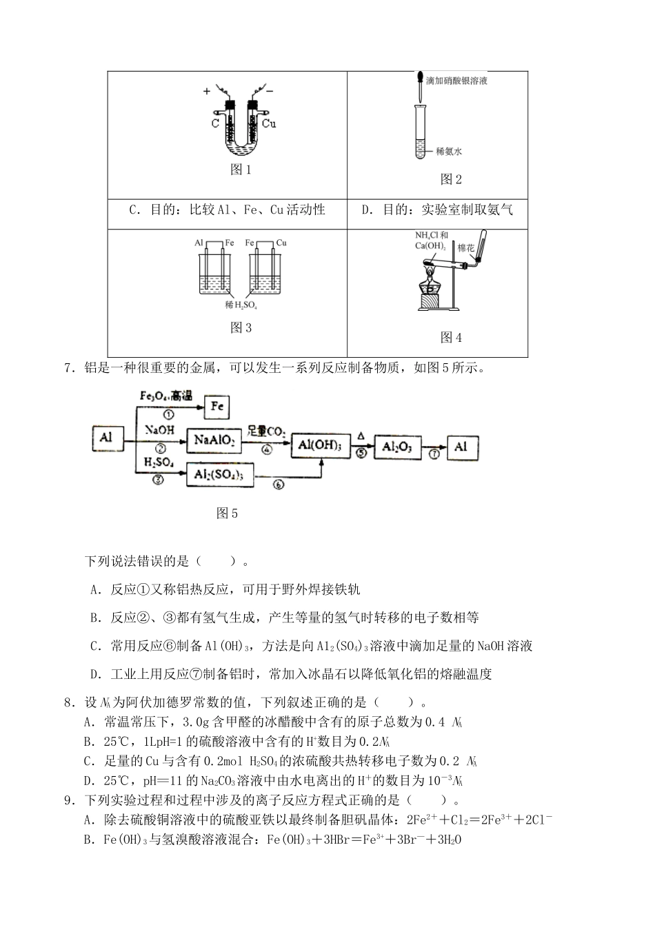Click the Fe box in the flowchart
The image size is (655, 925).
tap(217, 407)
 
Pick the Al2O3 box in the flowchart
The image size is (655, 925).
tap(397, 447)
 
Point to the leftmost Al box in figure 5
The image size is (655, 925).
tap(106, 438)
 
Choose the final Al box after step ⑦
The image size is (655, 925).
tap(461, 447)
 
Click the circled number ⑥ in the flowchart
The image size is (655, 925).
tap(279, 485)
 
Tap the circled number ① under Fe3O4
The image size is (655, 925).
tap(169, 414)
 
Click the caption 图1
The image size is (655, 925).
tap(241, 170)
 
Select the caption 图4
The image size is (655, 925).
tap(451, 337)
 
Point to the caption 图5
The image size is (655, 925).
tap(227, 513)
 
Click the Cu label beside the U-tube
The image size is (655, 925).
tap(269, 123)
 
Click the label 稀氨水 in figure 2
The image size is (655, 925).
tap(449, 150)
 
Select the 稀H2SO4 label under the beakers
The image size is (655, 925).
tap(241, 305)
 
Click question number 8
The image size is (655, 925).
tap(68, 702)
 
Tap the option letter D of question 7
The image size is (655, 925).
tap(97, 674)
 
